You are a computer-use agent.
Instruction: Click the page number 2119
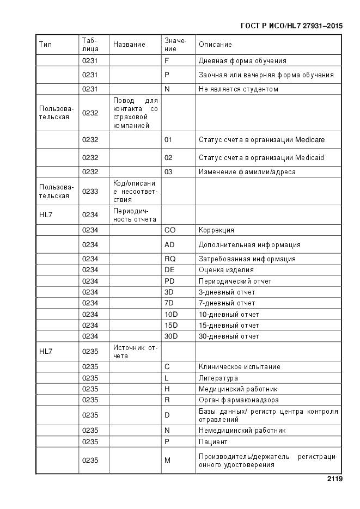pos(334,480)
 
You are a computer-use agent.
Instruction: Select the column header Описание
pos(215,45)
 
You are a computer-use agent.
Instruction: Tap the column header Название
pos(129,45)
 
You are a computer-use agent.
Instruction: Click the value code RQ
pos(169,259)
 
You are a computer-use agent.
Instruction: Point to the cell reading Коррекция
pos(216,230)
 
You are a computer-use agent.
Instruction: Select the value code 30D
pos(171,336)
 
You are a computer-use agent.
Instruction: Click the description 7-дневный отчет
pos(227,303)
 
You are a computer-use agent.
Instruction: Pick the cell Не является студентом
pos(238,89)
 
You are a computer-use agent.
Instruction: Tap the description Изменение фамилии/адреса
pos(247,172)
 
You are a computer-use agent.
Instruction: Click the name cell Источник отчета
pos(135,352)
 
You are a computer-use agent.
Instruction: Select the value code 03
pos(168,172)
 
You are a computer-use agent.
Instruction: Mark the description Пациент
pos(213,442)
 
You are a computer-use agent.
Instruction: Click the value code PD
pos(169,281)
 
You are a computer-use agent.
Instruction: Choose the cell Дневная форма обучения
pos(242,61)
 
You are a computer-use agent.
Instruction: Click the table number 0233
pos(90,192)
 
